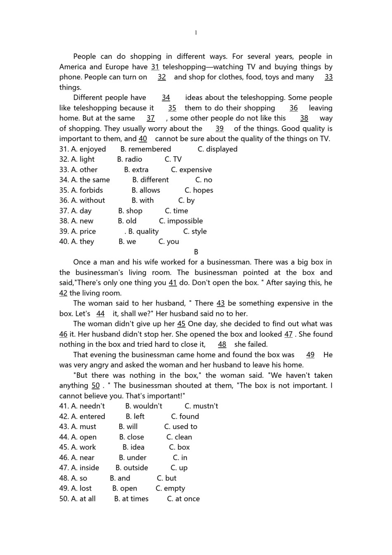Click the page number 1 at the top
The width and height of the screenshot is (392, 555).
196,33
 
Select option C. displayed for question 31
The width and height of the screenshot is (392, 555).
217,149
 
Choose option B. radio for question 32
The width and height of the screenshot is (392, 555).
130,159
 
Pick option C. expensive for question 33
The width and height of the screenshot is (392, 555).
191,170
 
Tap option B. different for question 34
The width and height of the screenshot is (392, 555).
151,180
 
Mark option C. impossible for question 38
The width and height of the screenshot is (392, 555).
181,221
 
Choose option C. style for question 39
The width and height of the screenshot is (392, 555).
195,231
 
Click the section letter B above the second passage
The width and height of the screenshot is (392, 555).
196,252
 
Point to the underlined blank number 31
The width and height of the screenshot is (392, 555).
155,67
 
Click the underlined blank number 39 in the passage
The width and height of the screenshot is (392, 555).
220,128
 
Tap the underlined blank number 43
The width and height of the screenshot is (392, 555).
221,303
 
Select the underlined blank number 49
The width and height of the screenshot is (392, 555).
310,355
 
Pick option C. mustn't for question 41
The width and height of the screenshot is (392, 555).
201,406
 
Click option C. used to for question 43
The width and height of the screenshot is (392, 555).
181,427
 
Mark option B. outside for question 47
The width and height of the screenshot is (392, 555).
132,468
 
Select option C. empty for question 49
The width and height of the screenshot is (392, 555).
170,488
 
